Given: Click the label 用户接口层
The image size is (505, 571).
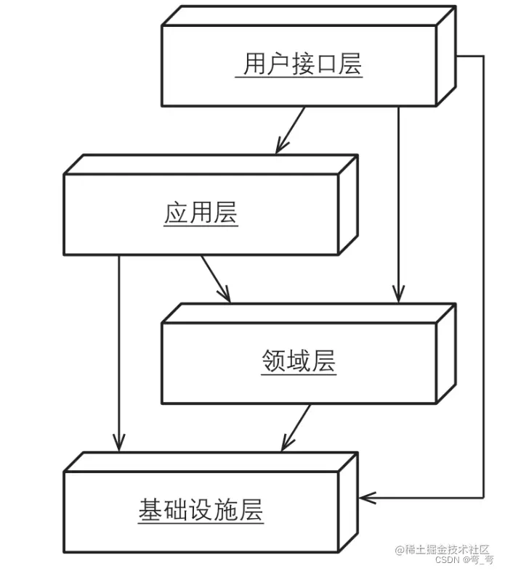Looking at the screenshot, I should click(x=302, y=65).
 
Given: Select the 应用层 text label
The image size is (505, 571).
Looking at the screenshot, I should click(x=201, y=214).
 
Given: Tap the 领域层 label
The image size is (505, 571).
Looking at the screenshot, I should click(x=299, y=361).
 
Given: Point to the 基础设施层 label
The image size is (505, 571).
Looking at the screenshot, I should click(x=201, y=511).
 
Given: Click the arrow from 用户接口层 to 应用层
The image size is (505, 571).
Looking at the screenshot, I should click(x=291, y=130).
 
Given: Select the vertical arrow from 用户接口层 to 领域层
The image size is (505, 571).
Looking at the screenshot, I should click(x=397, y=203).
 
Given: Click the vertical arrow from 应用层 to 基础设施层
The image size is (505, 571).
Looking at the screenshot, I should click(x=118, y=348).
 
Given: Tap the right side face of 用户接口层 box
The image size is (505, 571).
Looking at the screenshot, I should click(x=446, y=56).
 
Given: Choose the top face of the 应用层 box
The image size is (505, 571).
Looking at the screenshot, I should click(x=211, y=165).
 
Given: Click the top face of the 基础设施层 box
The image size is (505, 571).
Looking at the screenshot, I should click(x=211, y=462).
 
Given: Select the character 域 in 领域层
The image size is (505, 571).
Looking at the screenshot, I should click(x=299, y=361).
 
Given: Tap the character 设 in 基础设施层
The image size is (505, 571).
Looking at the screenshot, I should click(x=201, y=511).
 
